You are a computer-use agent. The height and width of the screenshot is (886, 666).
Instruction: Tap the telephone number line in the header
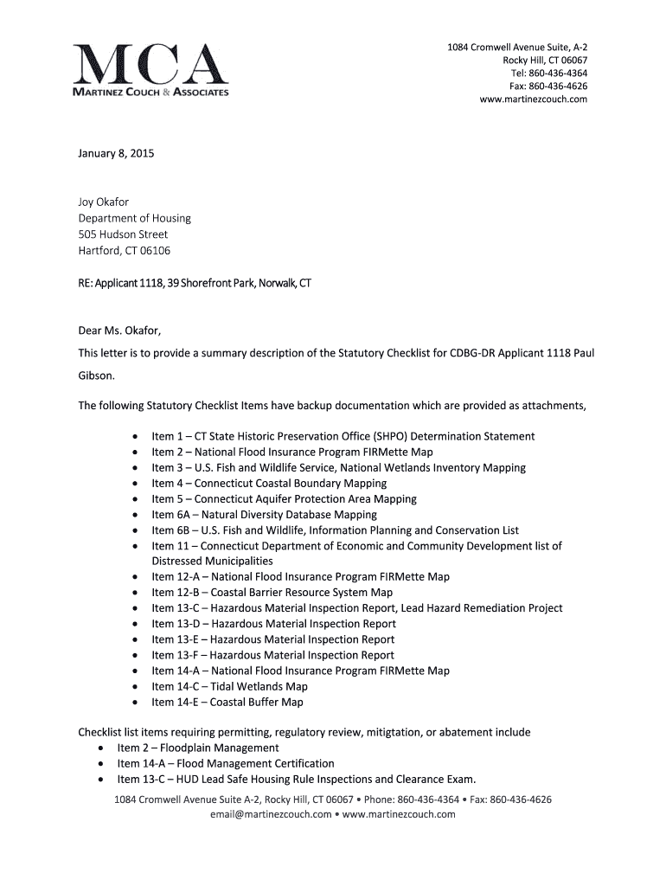[547, 74]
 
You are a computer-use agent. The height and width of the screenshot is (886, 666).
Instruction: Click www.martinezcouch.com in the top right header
[533, 100]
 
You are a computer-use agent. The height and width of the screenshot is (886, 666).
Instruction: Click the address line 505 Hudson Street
[123, 234]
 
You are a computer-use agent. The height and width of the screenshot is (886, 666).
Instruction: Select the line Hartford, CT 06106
[125, 251]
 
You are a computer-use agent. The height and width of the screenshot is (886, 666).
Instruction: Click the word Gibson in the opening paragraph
[95, 376]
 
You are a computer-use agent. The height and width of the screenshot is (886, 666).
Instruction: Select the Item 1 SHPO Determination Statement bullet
[343, 436]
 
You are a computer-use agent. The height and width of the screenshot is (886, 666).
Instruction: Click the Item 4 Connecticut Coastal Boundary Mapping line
[269, 484]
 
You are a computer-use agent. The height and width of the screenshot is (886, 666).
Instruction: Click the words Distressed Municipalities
[212, 562]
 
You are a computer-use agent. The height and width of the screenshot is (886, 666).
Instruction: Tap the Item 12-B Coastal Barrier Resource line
[272, 593]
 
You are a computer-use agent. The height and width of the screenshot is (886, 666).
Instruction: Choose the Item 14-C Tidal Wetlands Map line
[229, 686]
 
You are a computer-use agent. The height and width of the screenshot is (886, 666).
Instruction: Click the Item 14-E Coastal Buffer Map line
[227, 703]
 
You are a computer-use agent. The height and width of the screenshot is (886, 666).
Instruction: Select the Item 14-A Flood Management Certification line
[226, 763]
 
